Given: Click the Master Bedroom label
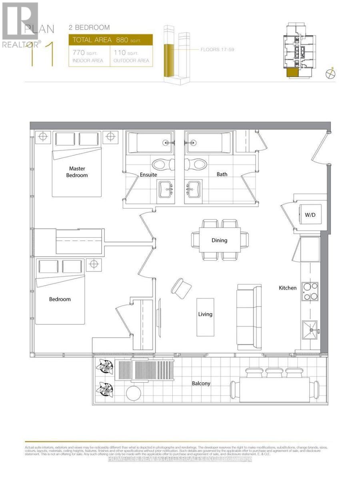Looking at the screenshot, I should (x=77, y=172).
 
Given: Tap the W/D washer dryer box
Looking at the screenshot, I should (x=310, y=215).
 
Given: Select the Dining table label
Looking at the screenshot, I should (x=219, y=240).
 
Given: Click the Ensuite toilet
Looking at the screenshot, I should (x=163, y=164).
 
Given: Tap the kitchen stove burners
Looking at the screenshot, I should (x=310, y=291).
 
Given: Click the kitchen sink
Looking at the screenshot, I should (x=310, y=330).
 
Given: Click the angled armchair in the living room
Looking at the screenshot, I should (x=182, y=287).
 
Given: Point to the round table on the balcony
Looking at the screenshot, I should (x=134, y=393).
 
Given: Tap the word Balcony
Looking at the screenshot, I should (x=201, y=383).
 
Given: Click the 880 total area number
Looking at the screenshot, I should (x=122, y=40).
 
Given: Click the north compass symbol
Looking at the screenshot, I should (x=330, y=73).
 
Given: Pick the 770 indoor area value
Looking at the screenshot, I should (x=79, y=53).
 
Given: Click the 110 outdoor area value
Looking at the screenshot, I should (x=120, y=53).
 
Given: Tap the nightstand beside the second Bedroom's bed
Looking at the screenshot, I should (x=93, y=264).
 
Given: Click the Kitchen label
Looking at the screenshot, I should (x=288, y=288).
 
